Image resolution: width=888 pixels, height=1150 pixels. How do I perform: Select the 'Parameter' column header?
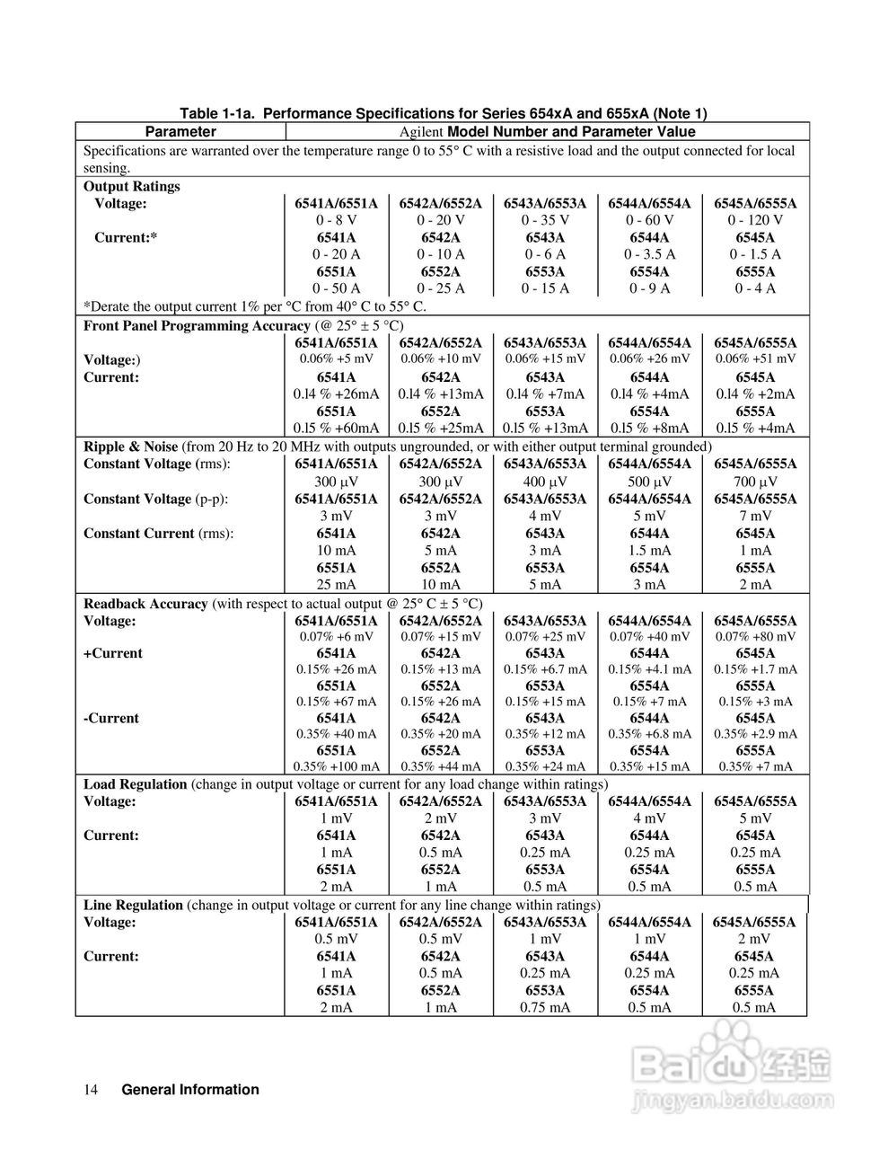click(x=180, y=131)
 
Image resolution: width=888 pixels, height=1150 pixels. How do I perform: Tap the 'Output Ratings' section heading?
click(x=132, y=186)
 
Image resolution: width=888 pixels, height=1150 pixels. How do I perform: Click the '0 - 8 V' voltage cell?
click(x=336, y=220)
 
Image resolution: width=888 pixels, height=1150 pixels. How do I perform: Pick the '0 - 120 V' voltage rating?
click(x=755, y=220)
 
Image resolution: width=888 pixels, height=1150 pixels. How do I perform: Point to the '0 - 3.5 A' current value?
click(x=650, y=254)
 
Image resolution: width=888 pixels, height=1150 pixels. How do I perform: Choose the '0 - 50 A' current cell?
click(x=336, y=288)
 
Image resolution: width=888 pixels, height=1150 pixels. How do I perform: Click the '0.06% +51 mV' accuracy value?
click(x=755, y=358)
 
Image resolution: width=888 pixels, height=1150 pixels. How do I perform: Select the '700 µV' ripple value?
click(x=755, y=482)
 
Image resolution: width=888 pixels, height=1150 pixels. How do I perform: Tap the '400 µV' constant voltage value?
click(x=545, y=482)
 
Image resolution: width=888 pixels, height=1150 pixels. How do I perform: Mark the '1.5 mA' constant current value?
click(x=650, y=550)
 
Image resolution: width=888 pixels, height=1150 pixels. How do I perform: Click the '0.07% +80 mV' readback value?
click(x=755, y=637)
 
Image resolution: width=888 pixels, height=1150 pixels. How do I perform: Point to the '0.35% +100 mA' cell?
click(x=336, y=766)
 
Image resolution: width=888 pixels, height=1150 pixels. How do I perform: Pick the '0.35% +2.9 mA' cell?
click(x=755, y=734)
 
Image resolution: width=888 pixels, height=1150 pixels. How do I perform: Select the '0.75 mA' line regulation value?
click(x=545, y=1007)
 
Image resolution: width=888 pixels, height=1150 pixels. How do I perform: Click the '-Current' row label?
click(x=111, y=718)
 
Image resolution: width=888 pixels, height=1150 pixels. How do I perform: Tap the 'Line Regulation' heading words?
click(x=133, y=905)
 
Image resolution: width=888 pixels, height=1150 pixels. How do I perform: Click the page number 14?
click(x=91, y=1090)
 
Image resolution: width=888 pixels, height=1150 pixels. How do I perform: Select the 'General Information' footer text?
click(x=189, y=1090)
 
